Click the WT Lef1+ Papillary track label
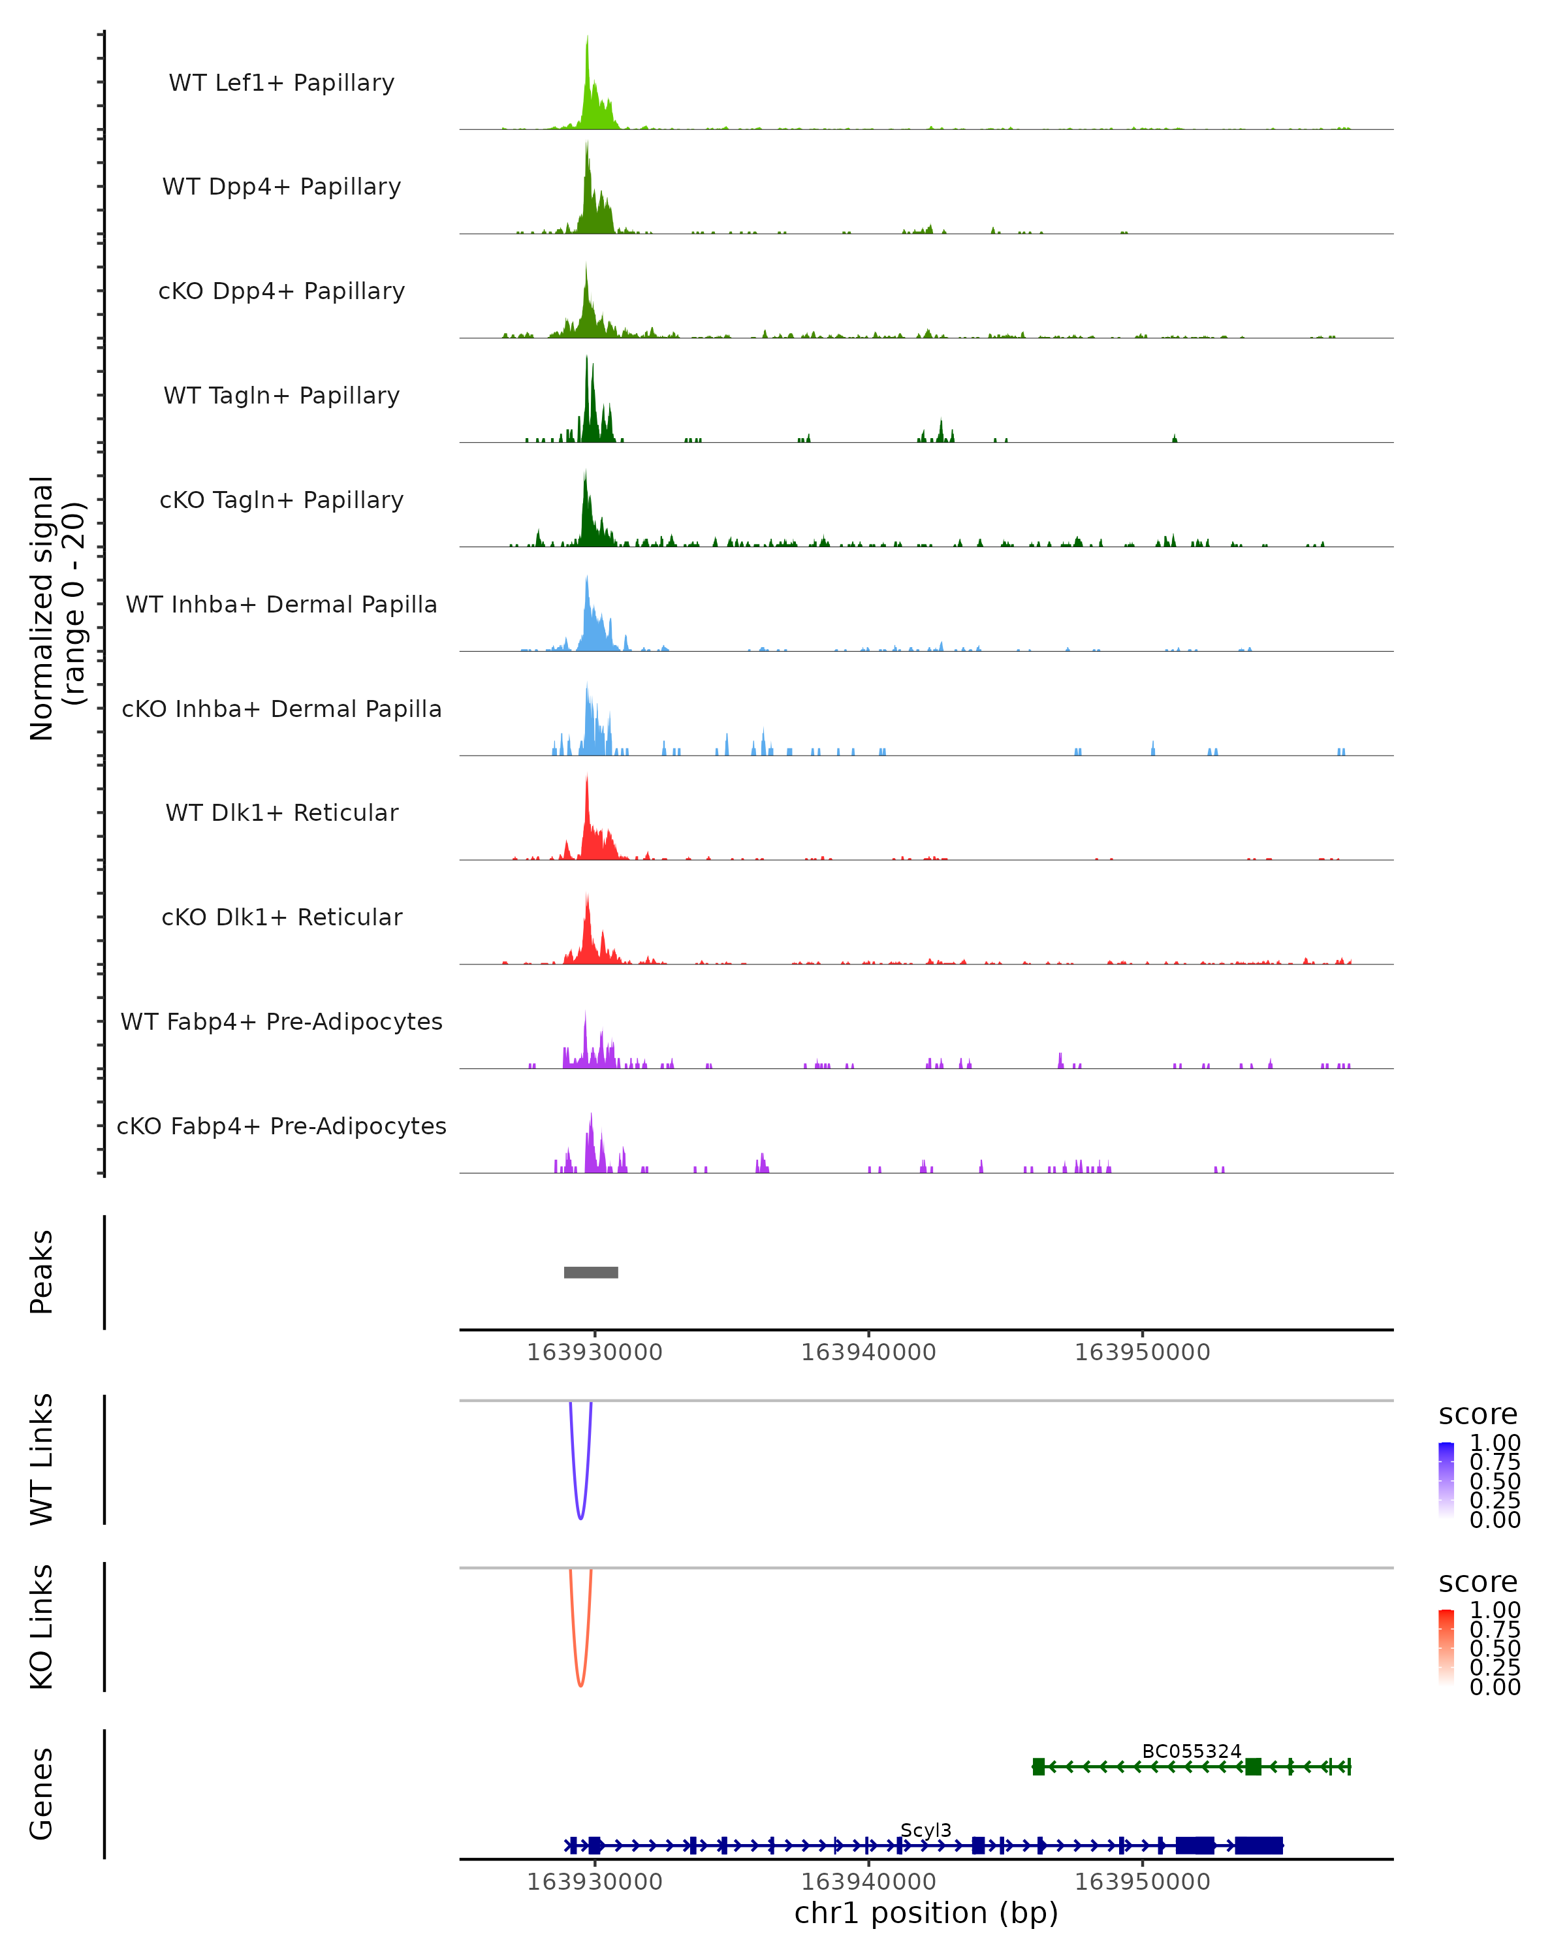tap(281, 83)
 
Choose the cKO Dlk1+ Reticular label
tap(281, 917)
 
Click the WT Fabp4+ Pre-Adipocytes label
tap(281, 1021)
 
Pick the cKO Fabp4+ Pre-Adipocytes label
tap(281, 1126)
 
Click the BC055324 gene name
tap(1191, 1751)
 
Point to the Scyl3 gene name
tap(926, 1830)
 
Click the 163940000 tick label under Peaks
tap(868, 1352)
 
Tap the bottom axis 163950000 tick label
tap(1142, 1881)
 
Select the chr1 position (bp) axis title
tap(926, 1913)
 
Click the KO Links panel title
tap(42, 1627)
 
